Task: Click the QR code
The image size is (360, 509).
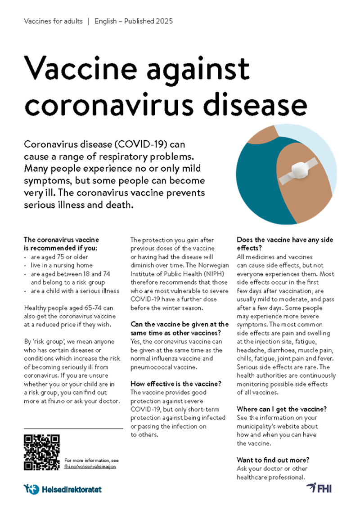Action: coord(42,452)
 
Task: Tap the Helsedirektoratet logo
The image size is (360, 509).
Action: coord(63,489)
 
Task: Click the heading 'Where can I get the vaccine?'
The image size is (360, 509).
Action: coord(282,409)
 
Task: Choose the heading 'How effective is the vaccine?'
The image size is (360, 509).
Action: coord(176,384)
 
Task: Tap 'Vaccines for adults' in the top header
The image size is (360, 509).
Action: coord(53,21)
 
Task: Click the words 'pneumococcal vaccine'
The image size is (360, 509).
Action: coord(160,367)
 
